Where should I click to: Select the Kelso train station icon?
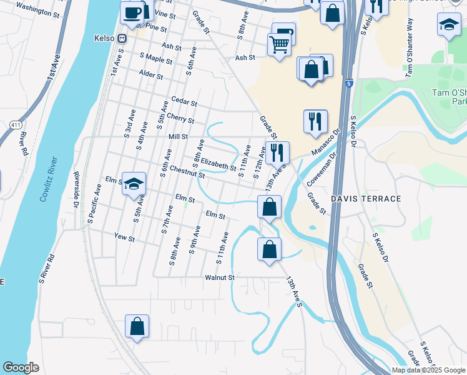pyautogui.click(x=122, y=37)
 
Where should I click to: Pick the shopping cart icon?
pyautogui.click(x=278, y=44)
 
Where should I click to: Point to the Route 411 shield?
pyautogui.click(x=14, y=125)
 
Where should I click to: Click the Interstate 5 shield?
pyautogui.click(x=349, y=83)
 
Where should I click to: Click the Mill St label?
pyautogui.click(x=178, y=136)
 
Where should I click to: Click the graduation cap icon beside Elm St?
pyautogui.click(x=134, y=183)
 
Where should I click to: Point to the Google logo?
pyautogui.click(x=21, y=367)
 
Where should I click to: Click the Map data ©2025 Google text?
pyautogui.click(x=428, y=370)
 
